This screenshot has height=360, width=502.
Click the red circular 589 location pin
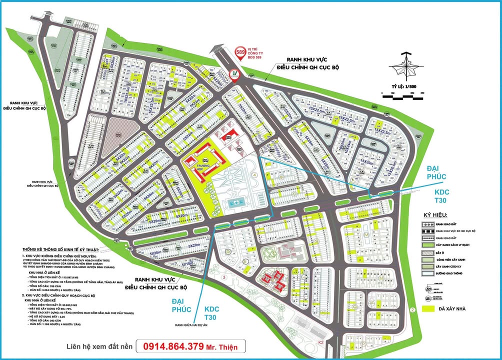(239, 52)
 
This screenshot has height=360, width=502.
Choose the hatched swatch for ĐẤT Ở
(427, 253)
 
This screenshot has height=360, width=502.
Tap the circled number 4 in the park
(254, 175)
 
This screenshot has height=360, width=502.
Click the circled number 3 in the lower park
(225, 276)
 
